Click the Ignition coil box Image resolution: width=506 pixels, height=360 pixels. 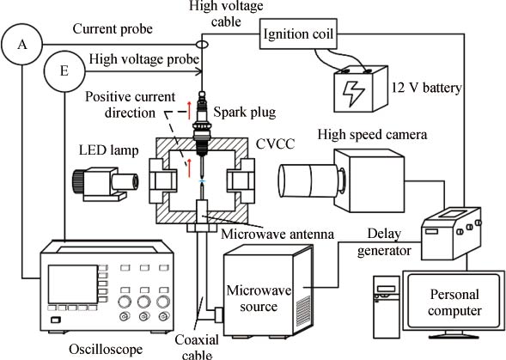[298, 34]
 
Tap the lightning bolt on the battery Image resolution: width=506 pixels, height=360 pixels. [353, 94]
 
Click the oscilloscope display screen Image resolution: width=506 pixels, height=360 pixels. [73, 284]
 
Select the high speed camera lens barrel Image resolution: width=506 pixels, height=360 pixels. [309, 180]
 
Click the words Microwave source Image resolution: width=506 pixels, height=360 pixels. [259, 298]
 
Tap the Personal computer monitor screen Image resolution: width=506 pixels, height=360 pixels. [454, 302]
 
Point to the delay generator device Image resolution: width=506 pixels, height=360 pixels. [451, 234]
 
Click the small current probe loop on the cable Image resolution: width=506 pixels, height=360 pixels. [202, 45]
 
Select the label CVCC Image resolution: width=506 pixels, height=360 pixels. [275, 143]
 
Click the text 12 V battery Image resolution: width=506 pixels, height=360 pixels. [427, 88]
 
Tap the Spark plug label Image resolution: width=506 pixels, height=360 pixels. [245, 113]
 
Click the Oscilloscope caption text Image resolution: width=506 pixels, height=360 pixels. [106, 349]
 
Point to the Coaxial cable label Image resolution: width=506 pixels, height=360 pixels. [197, 347]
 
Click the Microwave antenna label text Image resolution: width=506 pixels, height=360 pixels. [277, 234]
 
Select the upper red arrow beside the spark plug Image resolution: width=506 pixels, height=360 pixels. [189, 111]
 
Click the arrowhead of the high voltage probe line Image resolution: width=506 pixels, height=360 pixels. [199, 71]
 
